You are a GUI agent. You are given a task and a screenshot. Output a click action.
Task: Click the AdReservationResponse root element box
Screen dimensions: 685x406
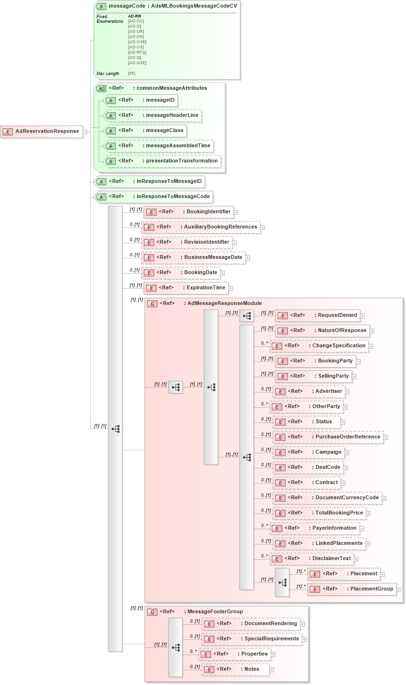[42, 132]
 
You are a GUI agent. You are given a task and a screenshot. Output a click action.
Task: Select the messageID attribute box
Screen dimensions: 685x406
[141, 100]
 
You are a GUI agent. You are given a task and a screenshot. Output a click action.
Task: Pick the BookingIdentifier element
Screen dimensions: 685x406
[188, 212]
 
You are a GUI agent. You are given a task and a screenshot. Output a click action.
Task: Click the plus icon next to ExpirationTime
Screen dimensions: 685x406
[231, 288]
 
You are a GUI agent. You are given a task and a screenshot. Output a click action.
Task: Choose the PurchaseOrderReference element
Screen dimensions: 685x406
[328, 437]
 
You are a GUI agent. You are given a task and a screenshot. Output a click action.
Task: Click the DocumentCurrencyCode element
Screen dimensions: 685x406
[327, 498]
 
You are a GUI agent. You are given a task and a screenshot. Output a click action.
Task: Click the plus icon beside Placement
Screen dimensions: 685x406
[383, 574]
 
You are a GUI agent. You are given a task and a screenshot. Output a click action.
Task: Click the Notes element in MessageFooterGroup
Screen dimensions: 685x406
[235, 669]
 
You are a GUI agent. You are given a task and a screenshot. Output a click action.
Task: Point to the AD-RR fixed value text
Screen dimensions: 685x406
[134, 16]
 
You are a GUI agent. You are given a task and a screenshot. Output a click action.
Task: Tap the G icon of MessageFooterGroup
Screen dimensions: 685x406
[152, 612]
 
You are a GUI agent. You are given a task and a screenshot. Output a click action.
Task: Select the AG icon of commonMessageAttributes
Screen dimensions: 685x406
[101, 88]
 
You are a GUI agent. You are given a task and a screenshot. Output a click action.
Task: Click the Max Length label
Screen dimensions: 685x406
[108, 74]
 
